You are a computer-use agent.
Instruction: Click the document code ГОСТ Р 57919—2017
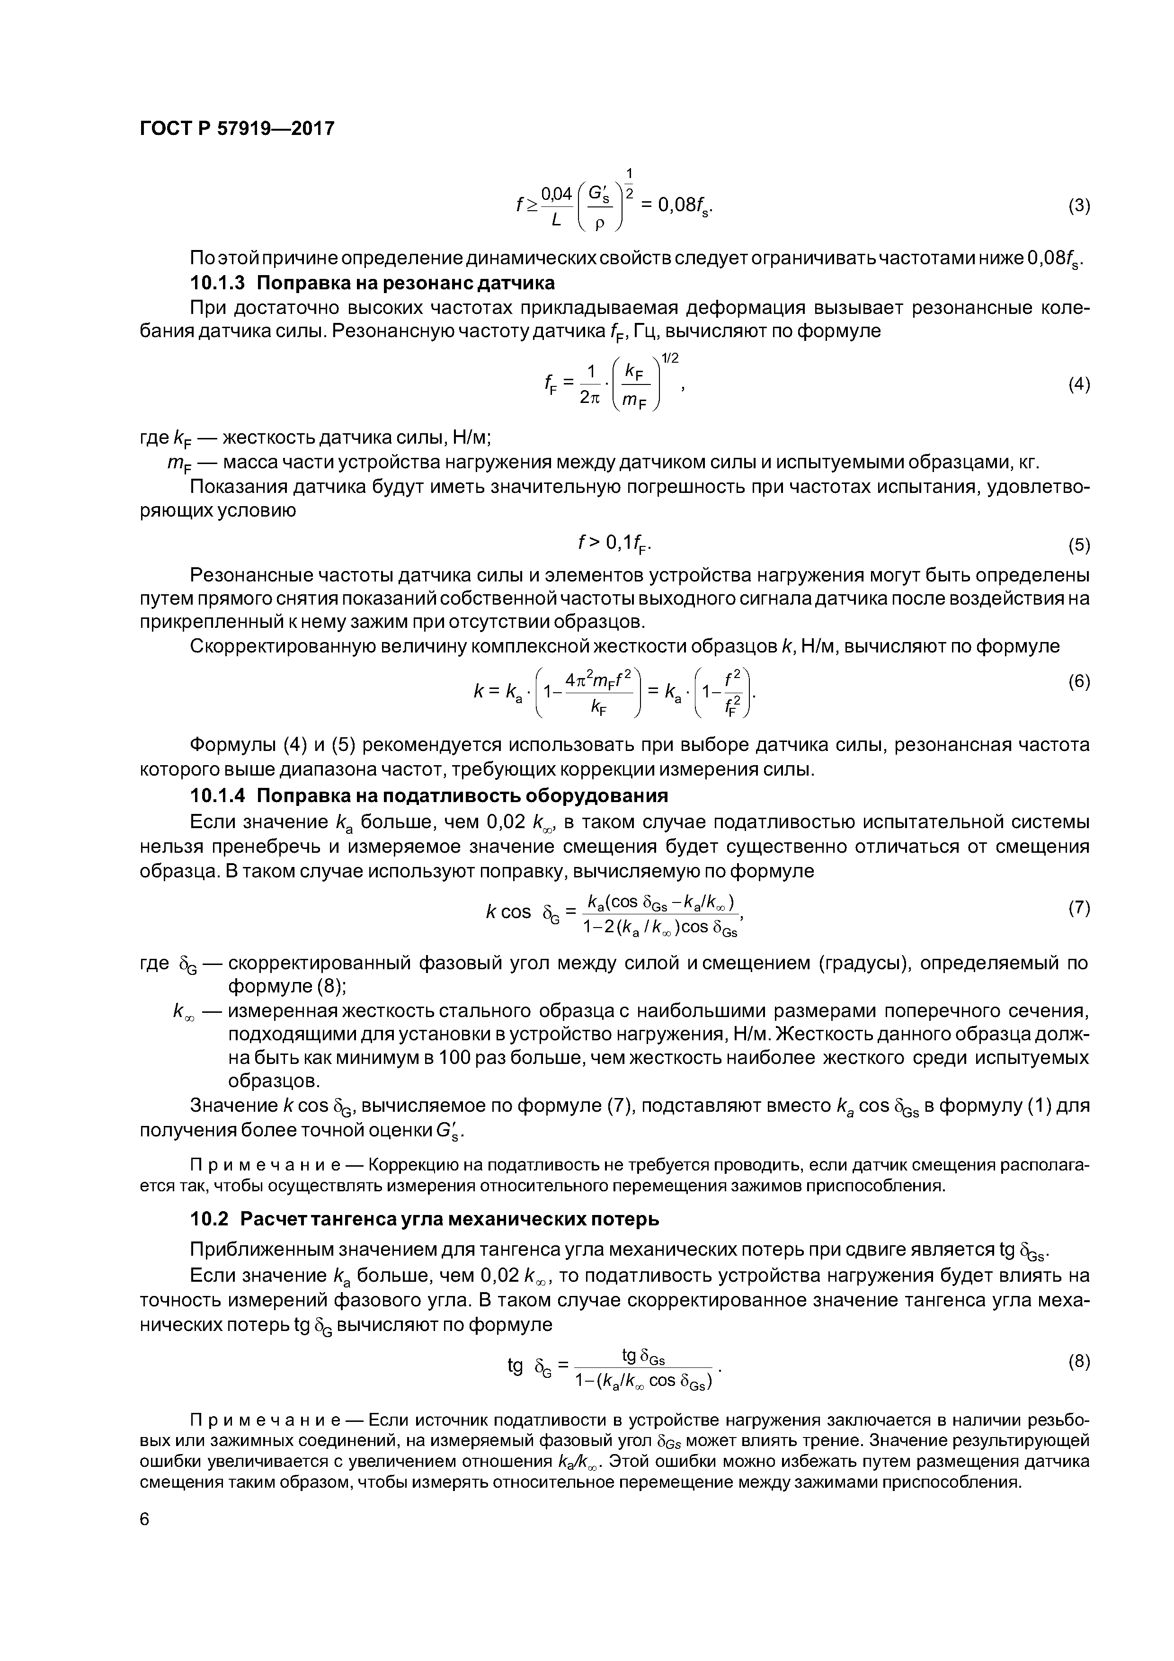[x=237, y=129]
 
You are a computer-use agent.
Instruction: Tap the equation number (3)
[x=1078, y=206]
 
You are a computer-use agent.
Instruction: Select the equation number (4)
[x=1078, y=385]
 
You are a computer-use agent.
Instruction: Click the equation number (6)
[x=1078, y=681]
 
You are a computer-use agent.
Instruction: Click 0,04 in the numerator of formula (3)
[x=556, y=193]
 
